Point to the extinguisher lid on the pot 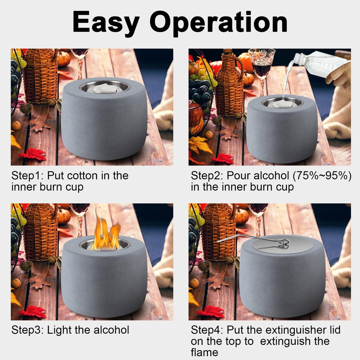(x=282, y=244)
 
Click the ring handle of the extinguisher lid (x=284, y=244)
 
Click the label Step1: (x=27, y=176)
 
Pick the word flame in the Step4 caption (x=204, y=352)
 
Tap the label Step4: (x=207, y=330)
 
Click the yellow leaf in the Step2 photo (x=199, y=145)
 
